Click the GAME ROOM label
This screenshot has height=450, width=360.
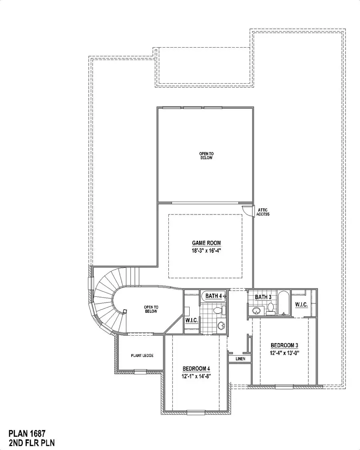click(x=206, y=243)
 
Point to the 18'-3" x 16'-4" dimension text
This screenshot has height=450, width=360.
click(x=206, y=250)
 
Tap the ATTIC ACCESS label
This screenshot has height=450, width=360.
click(x=263, y=212)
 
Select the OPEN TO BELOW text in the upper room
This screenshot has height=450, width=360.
click(x=206, y=156)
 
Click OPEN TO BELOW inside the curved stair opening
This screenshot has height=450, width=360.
click(x=151, y=309)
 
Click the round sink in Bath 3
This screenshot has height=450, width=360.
click(x=256, y=310)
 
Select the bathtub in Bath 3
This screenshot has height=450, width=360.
click(x=283, y=303)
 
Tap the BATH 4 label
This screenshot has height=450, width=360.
click(x=214, y=296)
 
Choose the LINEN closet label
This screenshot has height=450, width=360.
click(x=240, y=359)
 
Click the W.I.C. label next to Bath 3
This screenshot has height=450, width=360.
click(x=301, y=305)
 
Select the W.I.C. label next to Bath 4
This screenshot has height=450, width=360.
click(x=190, y=320)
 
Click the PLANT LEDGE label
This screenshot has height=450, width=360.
click(x=142, y=355)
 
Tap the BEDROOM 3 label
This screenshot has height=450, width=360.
click(x=284, y=345)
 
